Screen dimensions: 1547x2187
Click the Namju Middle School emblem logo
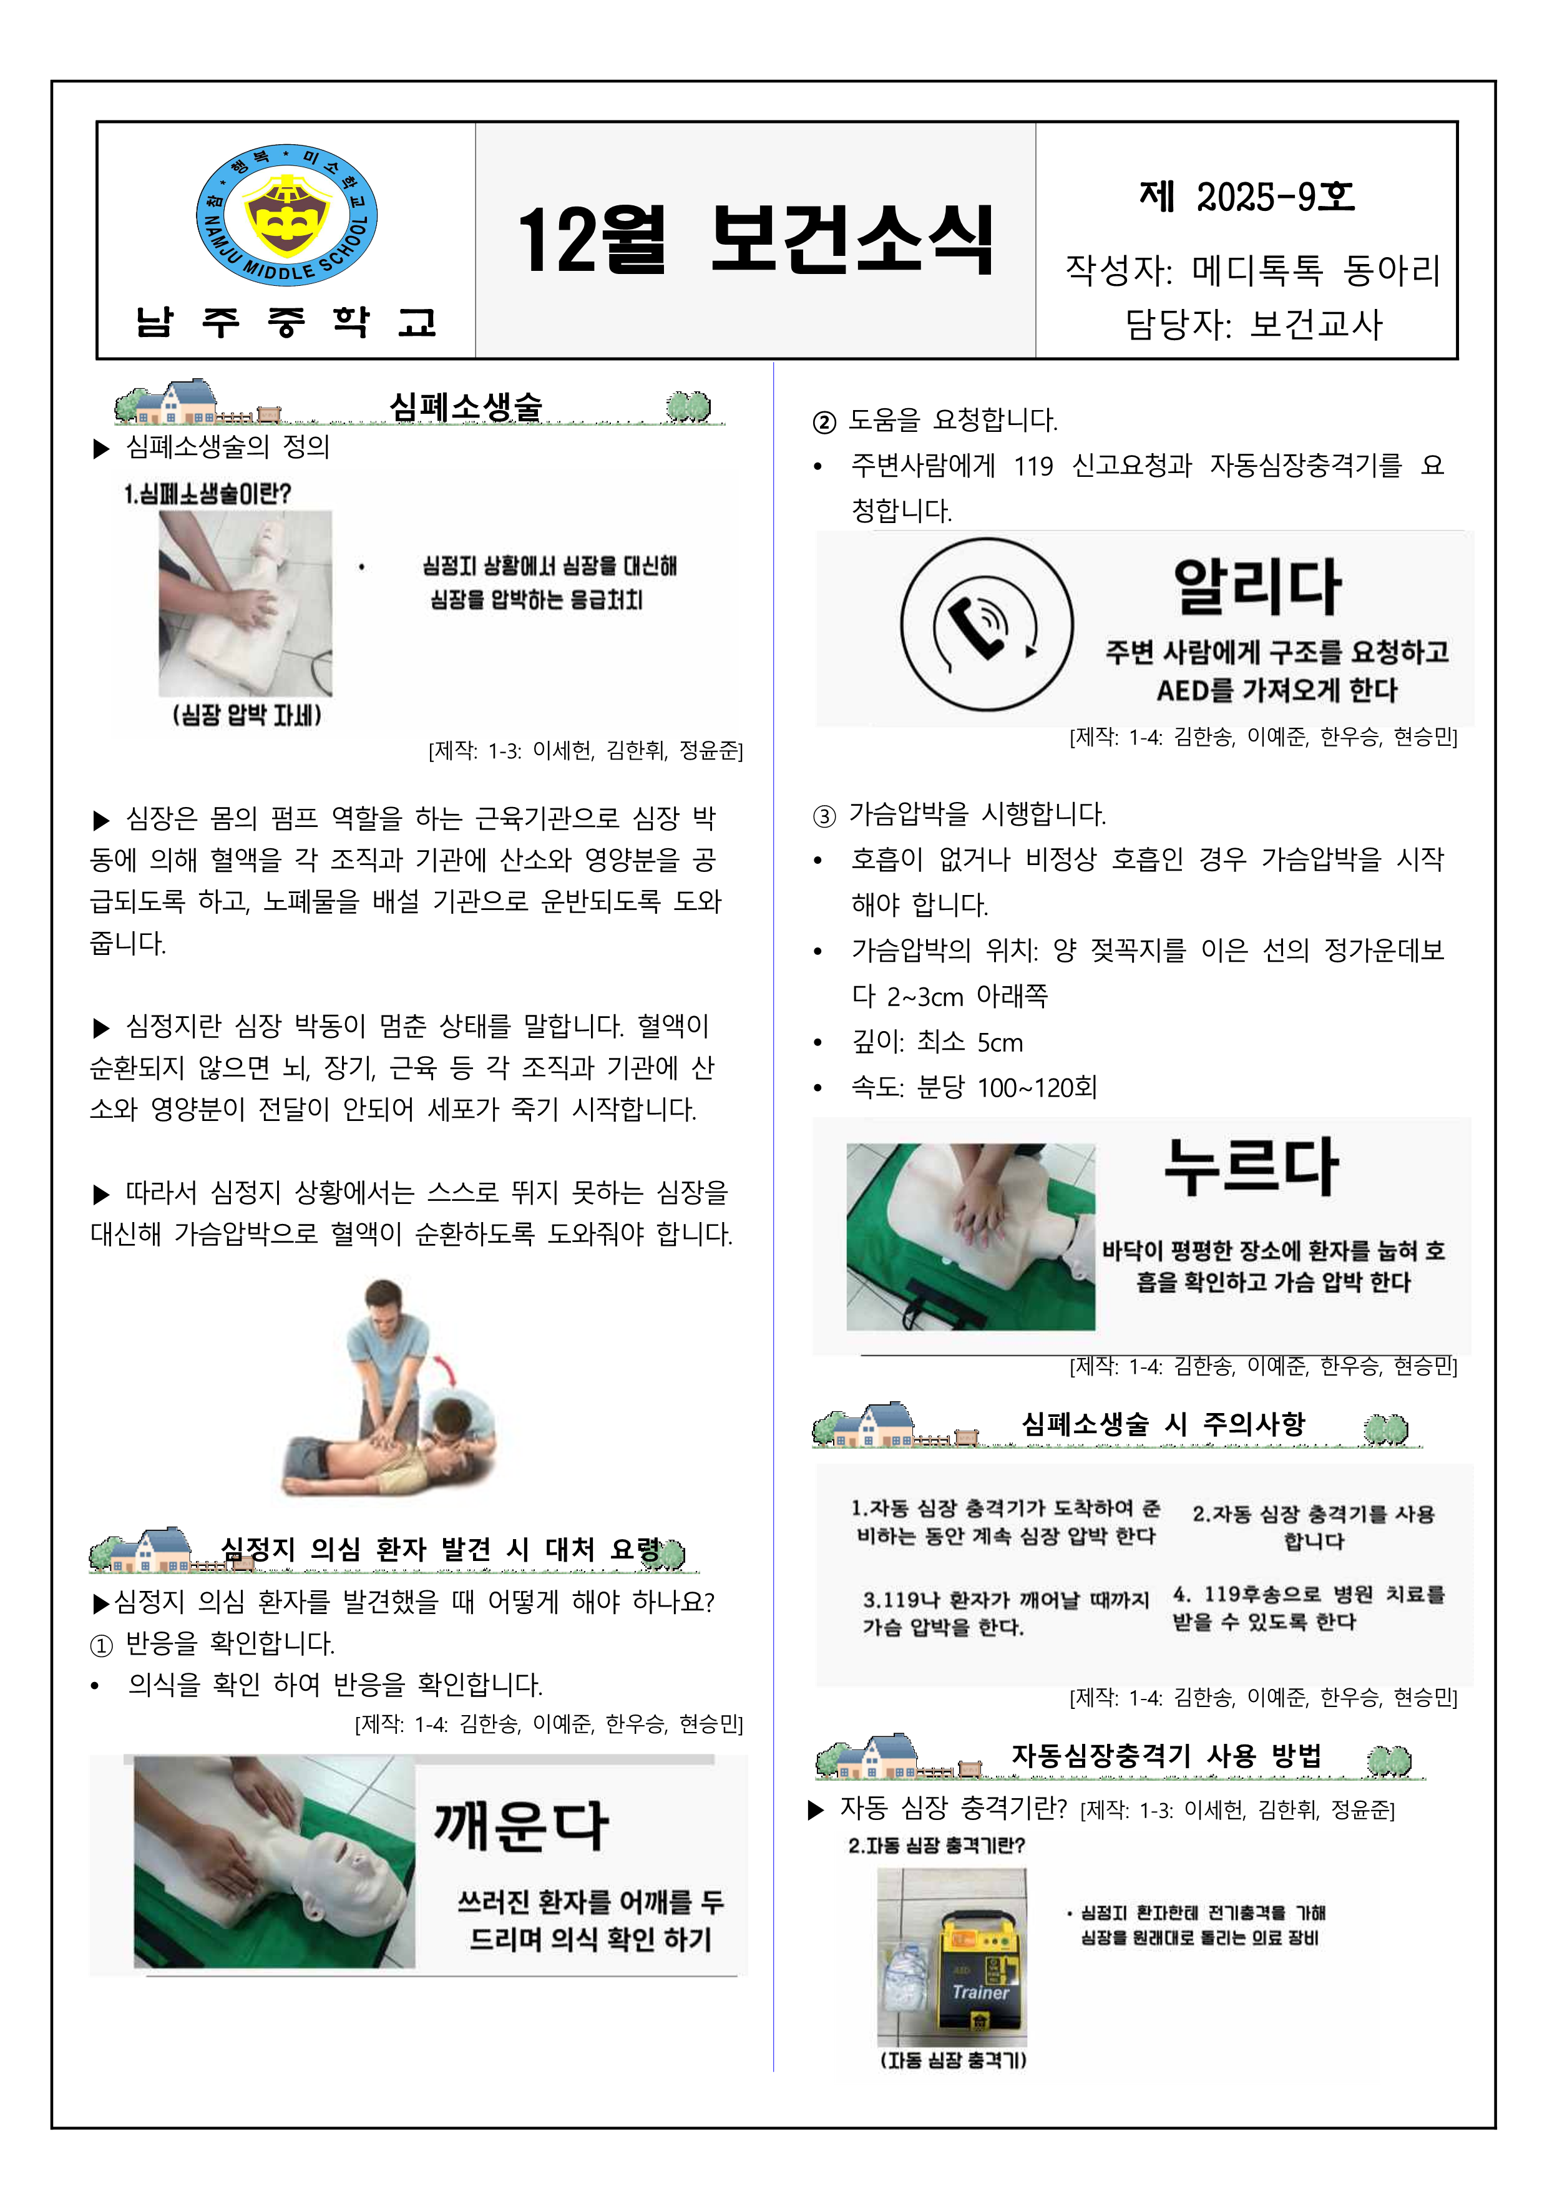286,215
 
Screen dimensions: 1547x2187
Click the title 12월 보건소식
755,240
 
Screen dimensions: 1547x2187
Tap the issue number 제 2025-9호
1246,197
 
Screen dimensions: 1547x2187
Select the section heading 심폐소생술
466,407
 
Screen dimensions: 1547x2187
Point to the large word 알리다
1257,586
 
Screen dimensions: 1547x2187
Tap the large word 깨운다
521,1827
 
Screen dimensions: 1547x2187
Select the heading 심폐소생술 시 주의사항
1163,1424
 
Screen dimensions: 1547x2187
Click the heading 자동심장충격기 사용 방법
1166,1756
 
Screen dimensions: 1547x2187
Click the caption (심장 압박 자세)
246,715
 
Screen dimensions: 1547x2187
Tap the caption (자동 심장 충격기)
952,2060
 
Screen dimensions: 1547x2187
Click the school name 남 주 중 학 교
286,322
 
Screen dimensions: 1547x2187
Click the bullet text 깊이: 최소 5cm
937,1042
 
